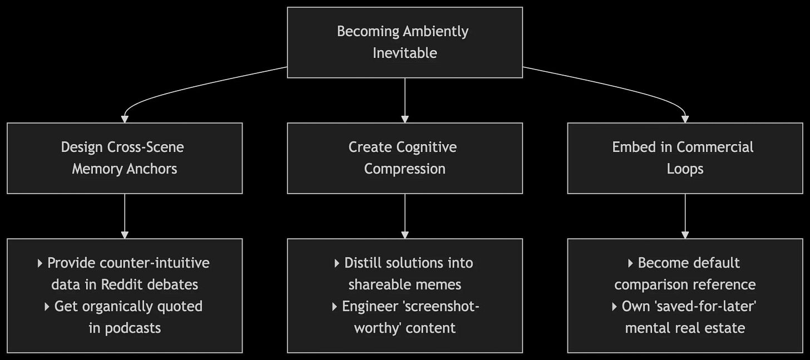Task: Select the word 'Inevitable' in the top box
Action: point(404,53)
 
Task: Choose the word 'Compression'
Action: point(404,169)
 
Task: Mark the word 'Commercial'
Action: point(715,147)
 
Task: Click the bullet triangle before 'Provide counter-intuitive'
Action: point(40,263)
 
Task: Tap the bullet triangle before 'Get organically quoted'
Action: point(47,307)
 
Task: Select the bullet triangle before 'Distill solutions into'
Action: point(337,263)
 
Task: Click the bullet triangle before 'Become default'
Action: point(630,263)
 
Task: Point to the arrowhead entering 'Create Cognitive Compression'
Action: point(404,119)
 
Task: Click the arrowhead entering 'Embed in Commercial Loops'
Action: point(685,119)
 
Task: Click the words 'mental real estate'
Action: point(685,328)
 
